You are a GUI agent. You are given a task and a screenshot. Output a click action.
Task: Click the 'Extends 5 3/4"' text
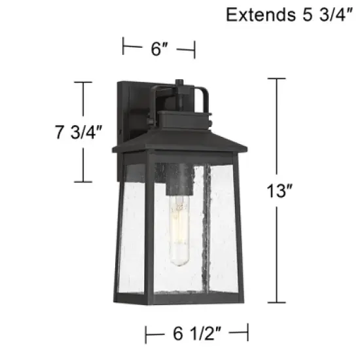(291, 14)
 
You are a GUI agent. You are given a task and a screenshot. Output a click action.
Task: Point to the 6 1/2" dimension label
(197, 334)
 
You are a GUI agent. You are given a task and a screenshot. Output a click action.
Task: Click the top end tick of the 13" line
(276, 79)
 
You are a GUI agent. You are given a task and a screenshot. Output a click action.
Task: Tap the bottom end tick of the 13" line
(276, 302)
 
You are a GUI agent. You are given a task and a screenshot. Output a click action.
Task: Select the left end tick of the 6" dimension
(124, 47)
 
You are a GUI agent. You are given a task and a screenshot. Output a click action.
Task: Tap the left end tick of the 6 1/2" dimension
(145, 334)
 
